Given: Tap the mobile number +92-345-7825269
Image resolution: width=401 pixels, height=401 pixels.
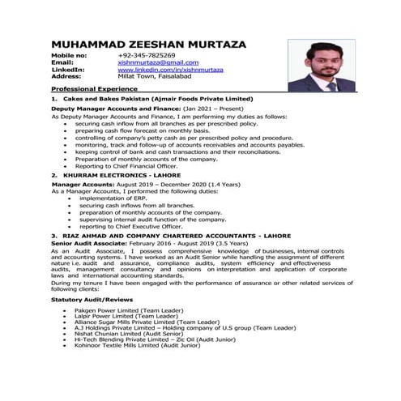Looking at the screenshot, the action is (x=145, y=55).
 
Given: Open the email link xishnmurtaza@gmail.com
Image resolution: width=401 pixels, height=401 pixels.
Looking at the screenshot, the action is (x=158, y=62).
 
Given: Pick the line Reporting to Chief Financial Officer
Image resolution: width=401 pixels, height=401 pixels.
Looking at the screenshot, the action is (x=130, y=166).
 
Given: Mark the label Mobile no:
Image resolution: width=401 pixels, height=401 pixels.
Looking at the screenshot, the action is (x=69, y=55).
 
